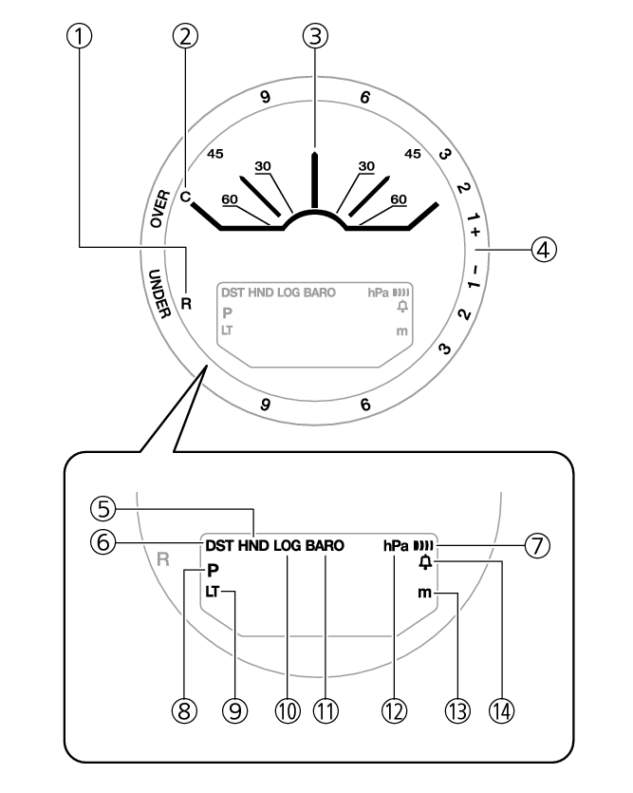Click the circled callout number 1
pos(80,36)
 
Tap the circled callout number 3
pos(315,36)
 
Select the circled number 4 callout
pos(544,250)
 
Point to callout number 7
pos(537,546)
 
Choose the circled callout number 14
pos(502,710)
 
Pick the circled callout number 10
pos(288,710)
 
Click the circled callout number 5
pos(103,508)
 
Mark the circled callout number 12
pos(394,710)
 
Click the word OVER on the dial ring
pos(160,208)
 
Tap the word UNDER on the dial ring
pos(158,293)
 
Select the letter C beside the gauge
pos(185,197)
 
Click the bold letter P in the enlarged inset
pos(213,571)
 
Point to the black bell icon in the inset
pos(426,562)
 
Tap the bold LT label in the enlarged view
pos(213,592)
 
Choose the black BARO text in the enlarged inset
pos(325,546)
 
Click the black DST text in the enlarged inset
pos(219,546)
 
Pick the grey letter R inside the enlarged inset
pos(162,559)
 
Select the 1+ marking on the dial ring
pos(474,224)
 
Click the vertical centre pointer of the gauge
pos(315,179)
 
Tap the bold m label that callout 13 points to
pos(425,593)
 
